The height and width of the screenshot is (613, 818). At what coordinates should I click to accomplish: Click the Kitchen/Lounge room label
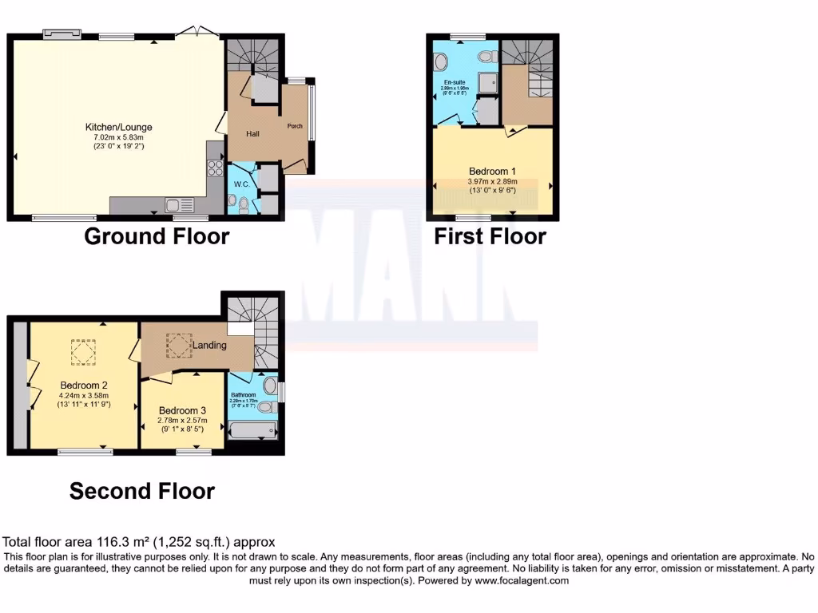click(119, 127)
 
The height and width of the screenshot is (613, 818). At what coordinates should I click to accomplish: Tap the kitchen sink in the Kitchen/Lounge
click(176, 205)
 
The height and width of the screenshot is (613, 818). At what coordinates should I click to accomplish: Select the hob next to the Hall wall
click(215, 168)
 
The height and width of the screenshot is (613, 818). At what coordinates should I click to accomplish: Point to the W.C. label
click(242, 184)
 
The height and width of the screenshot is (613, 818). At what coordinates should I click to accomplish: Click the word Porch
click(295, 125)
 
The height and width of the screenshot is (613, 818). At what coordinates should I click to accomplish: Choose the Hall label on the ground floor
click(252, 133)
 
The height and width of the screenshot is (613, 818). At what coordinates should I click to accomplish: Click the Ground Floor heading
click(157, 236)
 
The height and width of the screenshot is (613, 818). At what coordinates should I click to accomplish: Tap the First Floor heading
click(490, 236)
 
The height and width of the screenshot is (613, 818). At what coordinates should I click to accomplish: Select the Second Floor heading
click(142, 490)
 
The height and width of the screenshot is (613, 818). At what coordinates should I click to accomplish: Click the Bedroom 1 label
click(492, 172)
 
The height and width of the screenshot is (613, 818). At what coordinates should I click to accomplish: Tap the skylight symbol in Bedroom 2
click(81, 351)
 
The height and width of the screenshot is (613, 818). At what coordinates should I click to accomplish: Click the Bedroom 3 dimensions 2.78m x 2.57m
click(182, 421)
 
